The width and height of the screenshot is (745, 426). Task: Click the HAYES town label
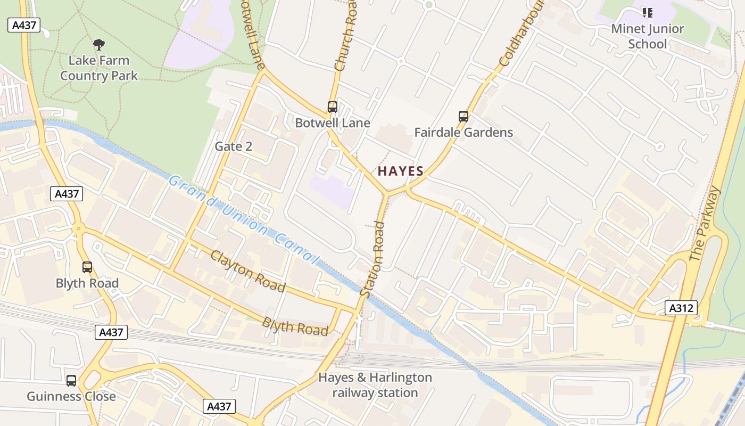[400, 171]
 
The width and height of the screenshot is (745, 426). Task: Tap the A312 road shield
[681, 307]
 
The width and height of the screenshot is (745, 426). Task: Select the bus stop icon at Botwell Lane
[333, 107]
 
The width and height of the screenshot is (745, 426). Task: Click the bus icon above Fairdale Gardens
[463, 116]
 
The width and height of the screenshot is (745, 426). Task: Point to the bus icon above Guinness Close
[71, 381]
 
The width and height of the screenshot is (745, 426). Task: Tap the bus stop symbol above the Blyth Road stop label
[87, 267]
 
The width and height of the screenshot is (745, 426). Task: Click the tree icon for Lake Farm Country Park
[98, 45]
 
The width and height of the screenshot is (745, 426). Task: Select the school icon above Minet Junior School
[647, 12]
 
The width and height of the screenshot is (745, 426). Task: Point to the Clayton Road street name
[247, 271]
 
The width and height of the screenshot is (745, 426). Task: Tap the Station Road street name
[372, 259]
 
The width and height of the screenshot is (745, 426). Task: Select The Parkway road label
[705, 224]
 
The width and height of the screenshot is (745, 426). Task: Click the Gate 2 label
[233, 146]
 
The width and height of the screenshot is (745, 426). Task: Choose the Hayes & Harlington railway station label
[375, 385]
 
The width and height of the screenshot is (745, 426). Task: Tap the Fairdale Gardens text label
[463, 133]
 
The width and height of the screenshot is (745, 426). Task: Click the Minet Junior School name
[647, 36]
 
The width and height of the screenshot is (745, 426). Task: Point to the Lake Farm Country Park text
[98, 68]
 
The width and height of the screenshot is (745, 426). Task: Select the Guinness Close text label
[71, 397]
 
